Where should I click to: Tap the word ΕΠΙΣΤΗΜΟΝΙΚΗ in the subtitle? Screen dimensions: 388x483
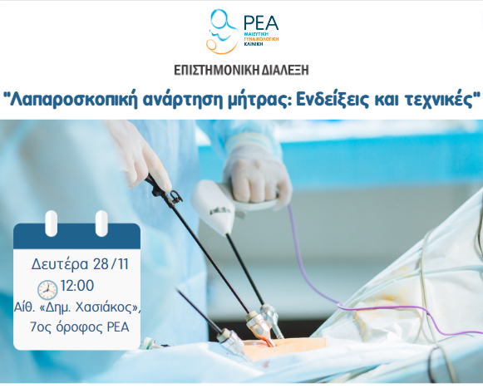[x=205, y=70]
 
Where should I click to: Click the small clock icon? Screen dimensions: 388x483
[x=47, y=289]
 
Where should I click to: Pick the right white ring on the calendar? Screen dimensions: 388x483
[x=101, y=223]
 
